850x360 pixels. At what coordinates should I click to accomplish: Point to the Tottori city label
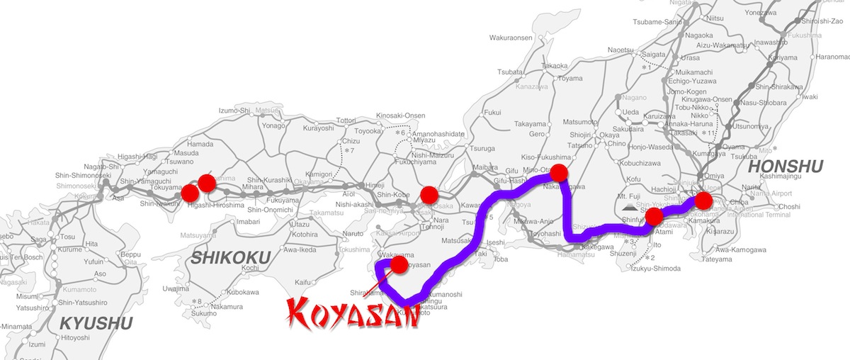click(x=349, y=120)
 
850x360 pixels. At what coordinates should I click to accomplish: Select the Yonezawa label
click(x=757, y=12)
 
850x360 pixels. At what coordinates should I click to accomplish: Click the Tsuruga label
click(x=482, y=150)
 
